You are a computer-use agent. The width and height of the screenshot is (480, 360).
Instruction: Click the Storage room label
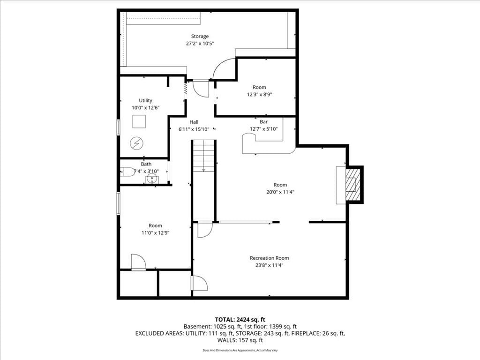tap(200, 37)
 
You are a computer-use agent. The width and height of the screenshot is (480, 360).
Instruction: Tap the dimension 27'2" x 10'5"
tap(200, 44)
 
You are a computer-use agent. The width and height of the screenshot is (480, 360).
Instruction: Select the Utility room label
tap(145, 100)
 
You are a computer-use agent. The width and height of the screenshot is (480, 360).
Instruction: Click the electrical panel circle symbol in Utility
tap(136, 143)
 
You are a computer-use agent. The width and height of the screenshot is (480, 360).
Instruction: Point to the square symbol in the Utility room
tap(139, 121)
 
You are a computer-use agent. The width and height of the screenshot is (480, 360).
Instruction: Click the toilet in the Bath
tap(127, 172)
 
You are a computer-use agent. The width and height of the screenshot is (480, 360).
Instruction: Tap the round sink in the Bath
tap(152, 178)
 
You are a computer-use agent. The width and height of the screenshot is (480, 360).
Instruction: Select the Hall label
tap(194, 122)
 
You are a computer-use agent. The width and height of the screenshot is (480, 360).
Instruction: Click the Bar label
tap(263, 122)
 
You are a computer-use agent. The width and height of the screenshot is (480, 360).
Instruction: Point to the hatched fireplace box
tap(352, 185)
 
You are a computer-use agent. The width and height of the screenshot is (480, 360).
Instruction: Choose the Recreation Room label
tap(270, 258)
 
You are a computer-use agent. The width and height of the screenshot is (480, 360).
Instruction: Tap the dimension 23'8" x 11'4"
tap(270, 265)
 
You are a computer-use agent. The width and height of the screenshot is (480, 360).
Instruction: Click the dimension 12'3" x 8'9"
tap(259, 95)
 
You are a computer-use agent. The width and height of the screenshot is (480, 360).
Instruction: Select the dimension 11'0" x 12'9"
tap(155, 233)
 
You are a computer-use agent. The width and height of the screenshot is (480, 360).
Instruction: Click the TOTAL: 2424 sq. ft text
tap(240, 320)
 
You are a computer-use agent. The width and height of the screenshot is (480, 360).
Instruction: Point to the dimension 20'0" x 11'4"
tap(280, 192)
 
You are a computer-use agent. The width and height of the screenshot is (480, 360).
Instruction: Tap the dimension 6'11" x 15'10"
tap(194, 129)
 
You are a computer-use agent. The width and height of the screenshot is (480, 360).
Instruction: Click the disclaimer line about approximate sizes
tap(240, 350)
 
